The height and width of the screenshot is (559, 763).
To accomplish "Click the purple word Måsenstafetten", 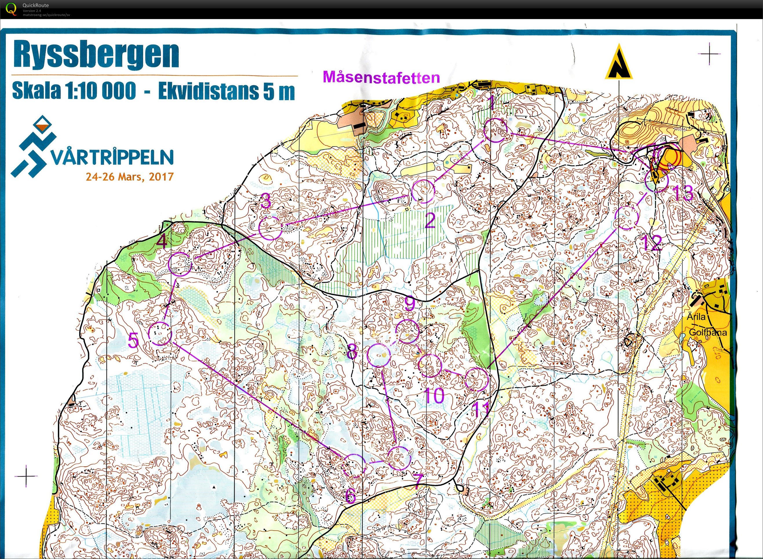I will [x=381, y=77].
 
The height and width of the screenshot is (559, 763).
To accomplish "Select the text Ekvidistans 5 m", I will [x=227, y=91].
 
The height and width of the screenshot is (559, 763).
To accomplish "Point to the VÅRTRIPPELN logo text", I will [x=112, y=157].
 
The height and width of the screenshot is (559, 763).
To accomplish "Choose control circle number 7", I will [x=399, y=458].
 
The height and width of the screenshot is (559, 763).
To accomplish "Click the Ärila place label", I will [x=696, y=316].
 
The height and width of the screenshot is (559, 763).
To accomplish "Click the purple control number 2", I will [x=430, y=222].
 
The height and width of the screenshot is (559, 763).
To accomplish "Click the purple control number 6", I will [x=351, y=496].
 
